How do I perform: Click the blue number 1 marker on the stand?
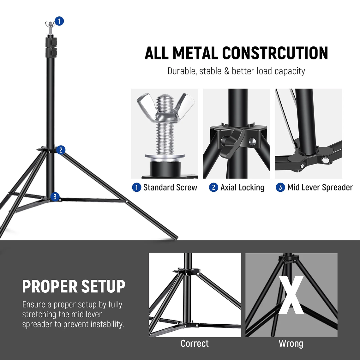pyautogui.click(x=59, y=21)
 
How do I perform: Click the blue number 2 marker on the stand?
pyautogui.click(x=61, y=150)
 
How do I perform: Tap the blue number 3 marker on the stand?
pyautogui.click(x=55, y=197)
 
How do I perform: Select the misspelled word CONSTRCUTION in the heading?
pyautogui.click(x=275, y=53)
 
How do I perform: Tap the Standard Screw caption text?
pyautogui.click(x=170, y=187)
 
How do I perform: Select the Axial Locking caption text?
pyautogui.click(x=242, y=187)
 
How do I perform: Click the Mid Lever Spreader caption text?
pyautogui.click(x=320, y=187)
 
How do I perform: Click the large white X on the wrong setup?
pyautogui.click(x=291, y=296)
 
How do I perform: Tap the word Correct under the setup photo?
pyautogui.click(x=195, y=343)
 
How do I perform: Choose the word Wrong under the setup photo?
pyautogui.click(x=291, y=343)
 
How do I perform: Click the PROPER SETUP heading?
pyautogui.click(x=74, y=286)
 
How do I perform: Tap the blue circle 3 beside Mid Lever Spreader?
pyautogui.click(x=280, y=187)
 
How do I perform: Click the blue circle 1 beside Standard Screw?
pyautogui.click(x=136, y=187)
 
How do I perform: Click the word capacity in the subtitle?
pyautogui.click(x=290, y=71)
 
